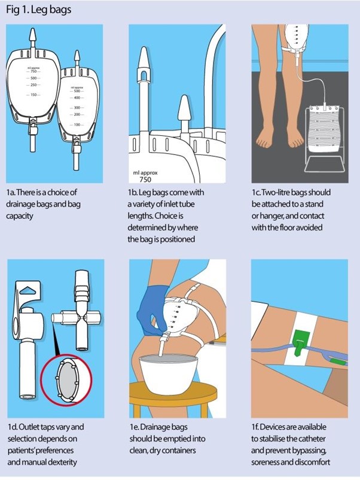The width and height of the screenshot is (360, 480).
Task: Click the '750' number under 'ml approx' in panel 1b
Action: pyautogui.click(x=144, y=178)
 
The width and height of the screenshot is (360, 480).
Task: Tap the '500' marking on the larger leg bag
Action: pyautogui.click(x=33, y=78)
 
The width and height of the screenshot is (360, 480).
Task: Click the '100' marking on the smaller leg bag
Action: pyautogui.click(x=77, y=124)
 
